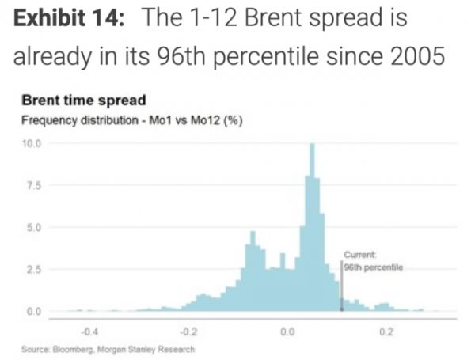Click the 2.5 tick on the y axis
[33, 270]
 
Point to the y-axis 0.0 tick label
[33, 311]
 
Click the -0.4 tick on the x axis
[91, 329]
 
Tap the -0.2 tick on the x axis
[188, 329]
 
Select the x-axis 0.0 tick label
[287, 329]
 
